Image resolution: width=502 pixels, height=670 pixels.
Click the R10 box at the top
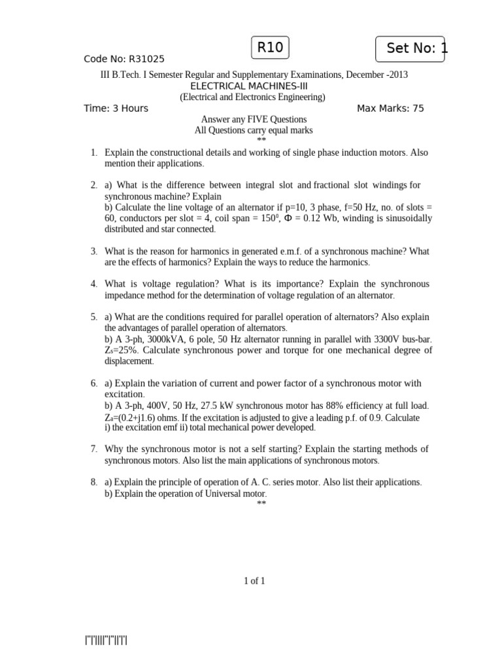[x=270, y=48]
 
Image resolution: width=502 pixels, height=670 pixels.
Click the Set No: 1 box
[x=410, y=48]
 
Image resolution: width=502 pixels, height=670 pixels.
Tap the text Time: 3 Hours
[x=116, y=108]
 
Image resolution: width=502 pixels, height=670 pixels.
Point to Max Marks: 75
[x=390, y=108]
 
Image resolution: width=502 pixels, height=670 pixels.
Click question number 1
[x=94, y=152]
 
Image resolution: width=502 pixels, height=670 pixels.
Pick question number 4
[x=94, y=284]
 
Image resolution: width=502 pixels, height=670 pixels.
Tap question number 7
[x=94, y=449]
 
